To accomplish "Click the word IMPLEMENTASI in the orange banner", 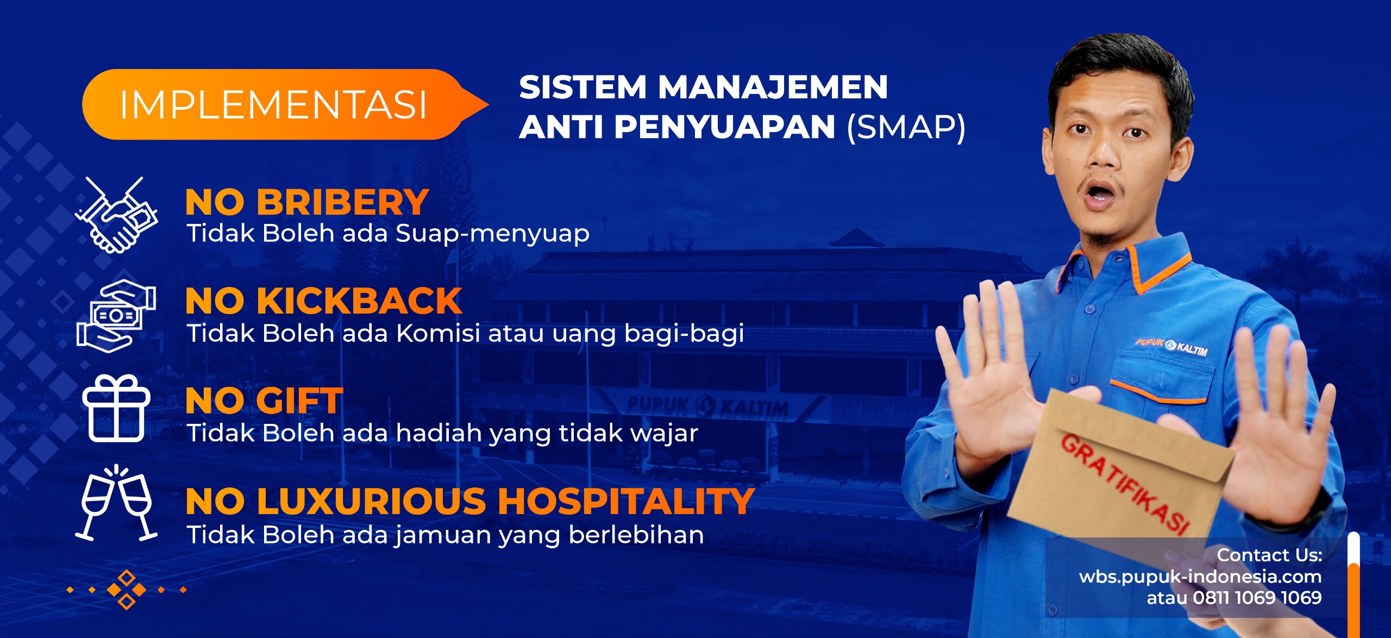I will coord(273,104).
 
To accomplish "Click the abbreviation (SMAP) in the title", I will coord(906,127).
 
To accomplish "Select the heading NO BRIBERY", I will coord(307,202).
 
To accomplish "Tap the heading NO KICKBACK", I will coord(324,301).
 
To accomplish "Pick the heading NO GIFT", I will coord(264,401).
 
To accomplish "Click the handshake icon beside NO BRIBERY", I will coord(116,216).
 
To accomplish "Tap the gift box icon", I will coord(116,408).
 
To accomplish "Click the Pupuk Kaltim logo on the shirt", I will coord(1171,346).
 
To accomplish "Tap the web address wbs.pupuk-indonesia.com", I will coord(1200,577).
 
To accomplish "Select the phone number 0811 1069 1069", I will coord(1257,598).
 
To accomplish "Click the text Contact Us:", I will coord(1269,555).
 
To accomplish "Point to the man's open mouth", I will coord(1100,193).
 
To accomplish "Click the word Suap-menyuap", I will coord(492,234).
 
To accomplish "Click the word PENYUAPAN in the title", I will coord(725,127).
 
